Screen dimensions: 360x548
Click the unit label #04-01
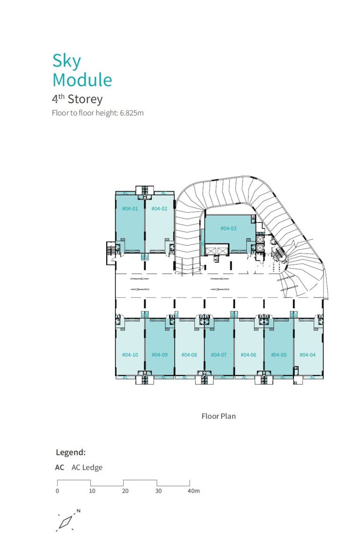(x=130, y=208)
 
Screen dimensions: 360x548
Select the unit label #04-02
(x=159, y=208)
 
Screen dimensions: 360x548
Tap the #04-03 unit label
(x=228, y=228)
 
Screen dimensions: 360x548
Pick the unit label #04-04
(x=307, y=355)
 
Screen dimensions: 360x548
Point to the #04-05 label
(x=279, y=355)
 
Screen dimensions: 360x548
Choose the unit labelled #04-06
(x=248, y=355)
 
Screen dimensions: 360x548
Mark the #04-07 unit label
(x=219, y=355)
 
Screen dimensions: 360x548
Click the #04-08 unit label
(x=189, y=355)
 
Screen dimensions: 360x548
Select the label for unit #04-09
(x=160, y=355)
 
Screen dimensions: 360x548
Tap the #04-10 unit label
(x=130, y=355)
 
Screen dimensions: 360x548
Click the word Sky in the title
(x=66, y=61)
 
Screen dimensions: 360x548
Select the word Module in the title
(x=82, y=80)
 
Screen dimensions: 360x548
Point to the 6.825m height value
(x=132, y=113)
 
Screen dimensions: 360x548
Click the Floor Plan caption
(x=219, y=416)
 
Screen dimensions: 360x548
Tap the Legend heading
(x=71, y=452)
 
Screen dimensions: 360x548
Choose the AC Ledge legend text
(x=87, y=467)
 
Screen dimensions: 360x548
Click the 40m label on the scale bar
(x=194, y=491)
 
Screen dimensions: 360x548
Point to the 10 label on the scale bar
(x=92, y=491)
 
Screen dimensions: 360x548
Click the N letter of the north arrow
(x=79, y=511)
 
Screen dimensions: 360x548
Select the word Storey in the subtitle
(x=85, y=99)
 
